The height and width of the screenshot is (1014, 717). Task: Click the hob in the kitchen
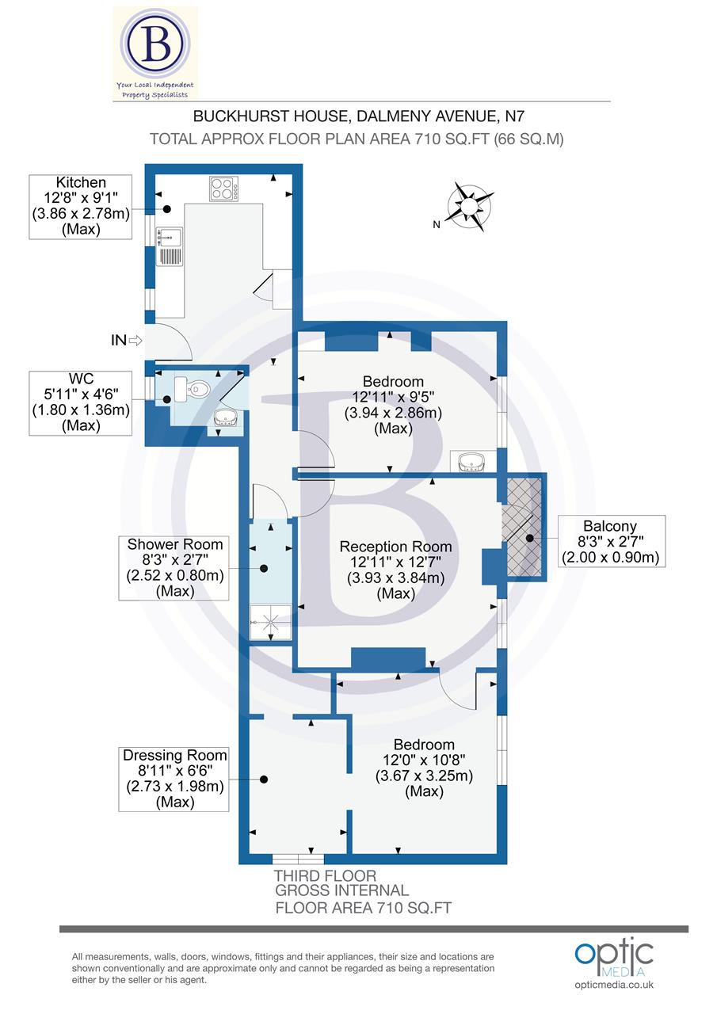pyautogui.click(x=223, y=189)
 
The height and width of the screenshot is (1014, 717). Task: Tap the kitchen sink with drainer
pyautogui.click(x=170, y=246)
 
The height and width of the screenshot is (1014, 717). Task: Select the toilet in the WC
pyautogui.click(x=199, y=388)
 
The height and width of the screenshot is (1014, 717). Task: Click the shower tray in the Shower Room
pyautogui.click(x=271, y=623)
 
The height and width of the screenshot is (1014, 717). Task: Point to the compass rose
pyautogui.click(x=469, y=207)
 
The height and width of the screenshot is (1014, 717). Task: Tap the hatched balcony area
pyautogui.click(x=524, y=527)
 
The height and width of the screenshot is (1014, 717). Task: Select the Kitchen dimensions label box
pyautogui.click(x=81, y=207)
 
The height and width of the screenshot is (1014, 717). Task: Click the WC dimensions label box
pyautogui.click(x=81, y=403)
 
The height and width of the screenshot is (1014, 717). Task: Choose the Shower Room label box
pyautogui.click(x=174, y=568)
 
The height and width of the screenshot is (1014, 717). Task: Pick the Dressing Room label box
pyautogui.click(x=174, y=779)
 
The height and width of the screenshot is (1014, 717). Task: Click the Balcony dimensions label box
pyautogui.click(x=612, y=541)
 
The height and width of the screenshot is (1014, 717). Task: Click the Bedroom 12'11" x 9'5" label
pyautogui.click(x=393, y=405)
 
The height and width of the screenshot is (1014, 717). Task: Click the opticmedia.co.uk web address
pyautogui.click(x=614, y=985)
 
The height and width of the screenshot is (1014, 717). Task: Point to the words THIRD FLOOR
pyautogui.click(x=325, y=875)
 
